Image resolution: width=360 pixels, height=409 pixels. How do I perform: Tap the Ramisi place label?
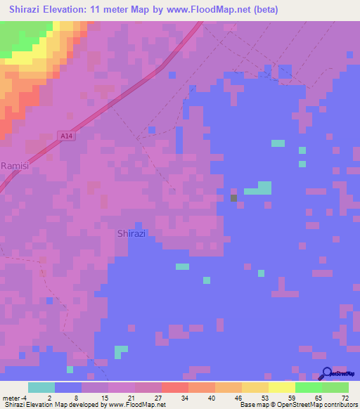pyautogui.click(x=15, y=166)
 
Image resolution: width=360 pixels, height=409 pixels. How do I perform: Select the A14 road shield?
pyautogui.click(x=67, y=136)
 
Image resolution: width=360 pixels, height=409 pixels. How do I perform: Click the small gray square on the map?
pyautogui.click(x=234, y=198)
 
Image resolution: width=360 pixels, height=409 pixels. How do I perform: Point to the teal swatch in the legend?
pyautogui.click(x=41, y=387)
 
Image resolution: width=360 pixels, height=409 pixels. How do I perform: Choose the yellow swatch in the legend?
pyautogui.click(x=282, y=387)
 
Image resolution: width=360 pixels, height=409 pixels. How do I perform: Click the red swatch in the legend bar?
pyautogui.click(x=175, y=387)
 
